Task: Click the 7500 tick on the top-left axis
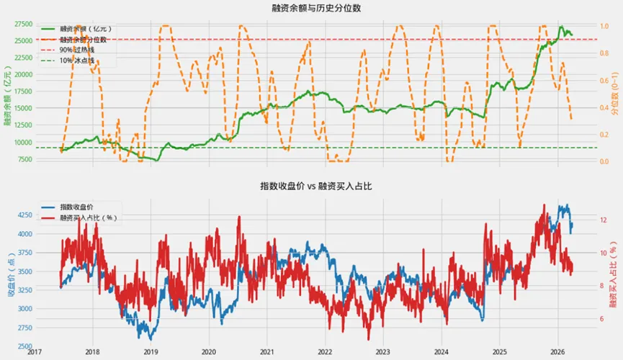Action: (x=24, y=158)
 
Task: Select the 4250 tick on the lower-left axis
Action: (x=23, y=215)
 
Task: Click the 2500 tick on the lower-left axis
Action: (x=23, y=346)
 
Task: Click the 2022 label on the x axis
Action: (x=325, y=353)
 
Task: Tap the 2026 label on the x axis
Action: (x=557, y=353)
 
